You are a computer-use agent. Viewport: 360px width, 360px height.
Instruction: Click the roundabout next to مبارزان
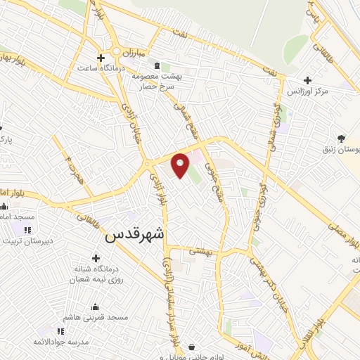point(113,53)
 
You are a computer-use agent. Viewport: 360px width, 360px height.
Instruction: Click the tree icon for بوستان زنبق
point(342,139)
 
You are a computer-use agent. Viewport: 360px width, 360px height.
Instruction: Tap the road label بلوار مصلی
point(342,234)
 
